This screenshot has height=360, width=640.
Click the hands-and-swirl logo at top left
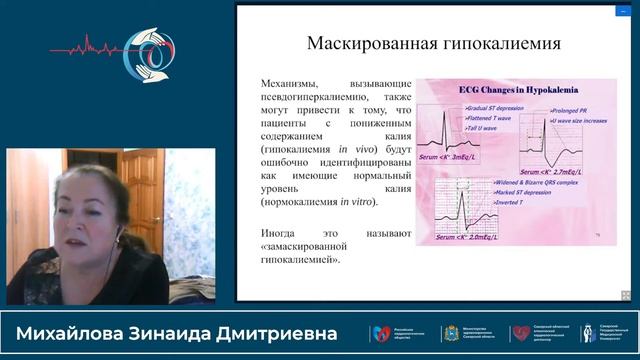point(149,47)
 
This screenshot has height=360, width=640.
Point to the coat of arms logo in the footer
point(448,333)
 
